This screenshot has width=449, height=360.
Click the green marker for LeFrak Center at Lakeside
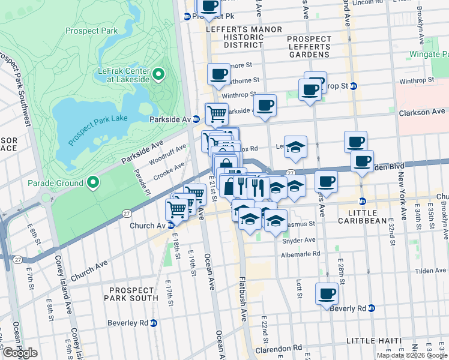pos(158,74)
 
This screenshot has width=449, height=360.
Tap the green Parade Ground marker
pos(92,182)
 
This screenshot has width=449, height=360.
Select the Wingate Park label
pos(426,53)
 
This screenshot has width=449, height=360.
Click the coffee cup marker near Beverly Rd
pos(327,294)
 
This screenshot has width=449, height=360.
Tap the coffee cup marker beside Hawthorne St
pos(218,74)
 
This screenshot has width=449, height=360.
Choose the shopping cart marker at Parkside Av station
pos(217,113)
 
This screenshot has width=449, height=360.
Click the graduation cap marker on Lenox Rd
pos(295,147)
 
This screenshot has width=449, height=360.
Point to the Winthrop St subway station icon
pos(354,86)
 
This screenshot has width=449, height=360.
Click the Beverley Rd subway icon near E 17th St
pos(153,323)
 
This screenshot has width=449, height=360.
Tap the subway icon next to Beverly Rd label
pos(372,308)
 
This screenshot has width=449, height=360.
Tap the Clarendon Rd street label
pos(281,348)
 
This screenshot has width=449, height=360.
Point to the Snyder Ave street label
pos(298,240)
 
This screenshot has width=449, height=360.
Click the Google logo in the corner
pos(20,353)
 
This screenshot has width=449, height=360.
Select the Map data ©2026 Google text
pos(412,355)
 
